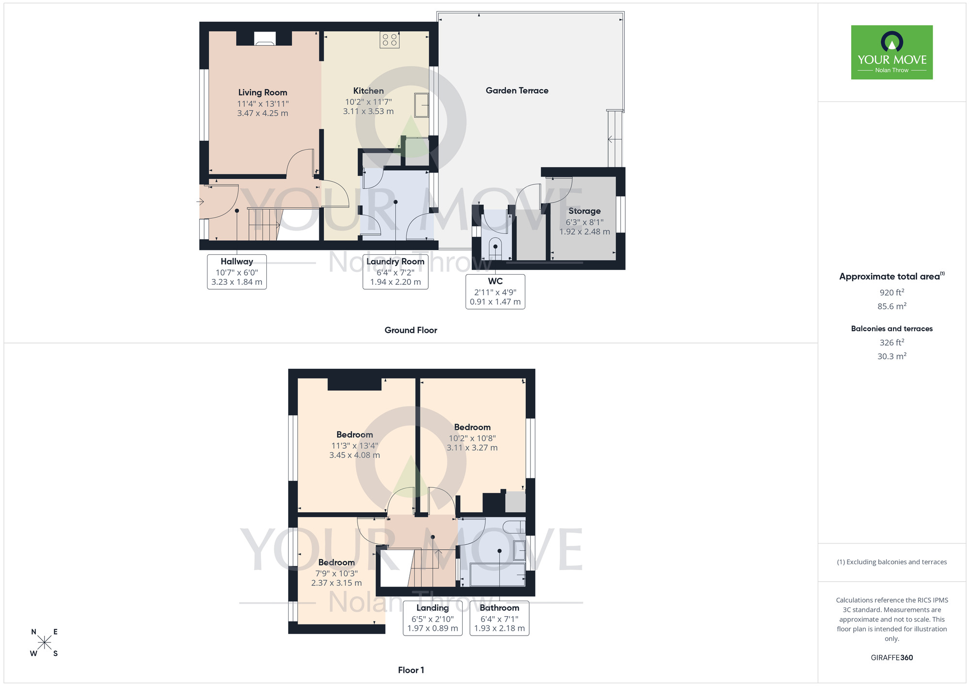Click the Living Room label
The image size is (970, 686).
point(262,93)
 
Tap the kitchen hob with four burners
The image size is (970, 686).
point(389,40)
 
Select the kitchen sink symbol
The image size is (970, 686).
point(421,105)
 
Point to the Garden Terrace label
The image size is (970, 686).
point(517,91)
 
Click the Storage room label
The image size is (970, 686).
point(584,211)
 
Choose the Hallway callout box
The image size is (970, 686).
point(237,272)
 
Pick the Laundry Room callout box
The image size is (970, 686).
point(395,272)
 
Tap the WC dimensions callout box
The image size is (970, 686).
point(495,292)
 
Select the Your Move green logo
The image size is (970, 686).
point(891,52)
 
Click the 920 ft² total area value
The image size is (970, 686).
point(891,293)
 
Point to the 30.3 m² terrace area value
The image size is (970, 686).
point(891,356)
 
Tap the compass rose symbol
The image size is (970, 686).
point(44,643)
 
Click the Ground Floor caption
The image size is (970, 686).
point(411,330)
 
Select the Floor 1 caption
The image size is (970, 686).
point(411,670)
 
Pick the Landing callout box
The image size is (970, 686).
point(433,618)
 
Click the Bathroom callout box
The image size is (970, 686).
point(499,618)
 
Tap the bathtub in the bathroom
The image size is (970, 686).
point(497,574)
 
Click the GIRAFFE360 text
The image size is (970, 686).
point(891,658)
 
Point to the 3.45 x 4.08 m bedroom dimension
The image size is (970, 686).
point(355,455)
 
